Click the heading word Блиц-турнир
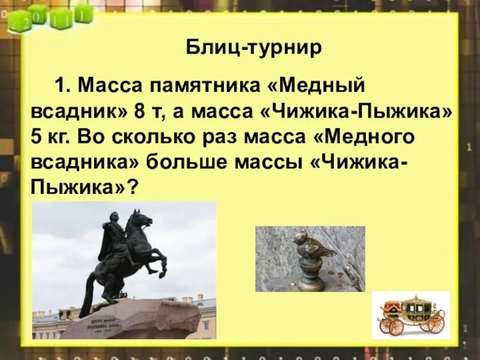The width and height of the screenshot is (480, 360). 254,47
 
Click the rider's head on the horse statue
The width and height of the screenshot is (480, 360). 114,218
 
